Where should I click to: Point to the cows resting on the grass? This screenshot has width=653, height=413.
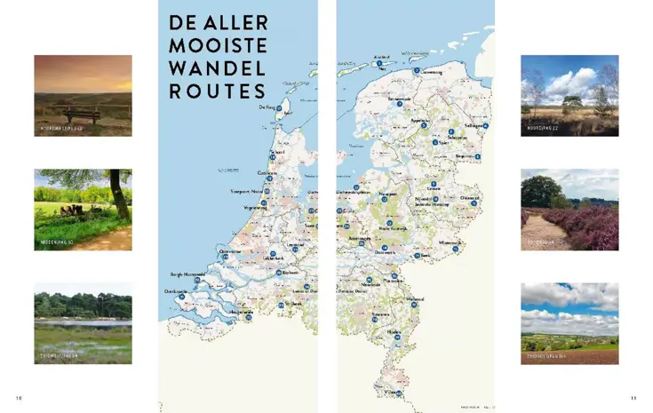click(72, 210)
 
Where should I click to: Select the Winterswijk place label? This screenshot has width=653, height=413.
click(450, 242)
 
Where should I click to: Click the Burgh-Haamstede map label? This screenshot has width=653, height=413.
click(187, 274)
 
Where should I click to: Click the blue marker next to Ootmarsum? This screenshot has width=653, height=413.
click(474, 203)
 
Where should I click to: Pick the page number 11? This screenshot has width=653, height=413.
click(633, 397)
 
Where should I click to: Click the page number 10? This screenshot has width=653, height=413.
click(19, 397)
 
